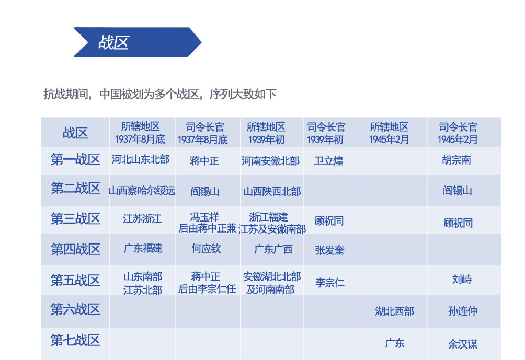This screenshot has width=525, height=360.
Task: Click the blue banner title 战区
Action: (x=113, y=42)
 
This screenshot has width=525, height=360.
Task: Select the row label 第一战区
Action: (x=75, y=159)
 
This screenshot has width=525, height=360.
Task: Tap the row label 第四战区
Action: (x=75, y=249)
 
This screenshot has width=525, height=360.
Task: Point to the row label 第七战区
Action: (x=75, y=340)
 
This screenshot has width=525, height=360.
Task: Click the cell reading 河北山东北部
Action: (x=141, y=159)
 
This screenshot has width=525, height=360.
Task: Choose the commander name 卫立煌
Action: (x=328, y=161)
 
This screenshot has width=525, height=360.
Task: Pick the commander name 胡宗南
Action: (x=456, y=160)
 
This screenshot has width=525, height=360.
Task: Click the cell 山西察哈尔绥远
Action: (x=142, y=191)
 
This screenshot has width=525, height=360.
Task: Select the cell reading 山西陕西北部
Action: (x=272, y=191)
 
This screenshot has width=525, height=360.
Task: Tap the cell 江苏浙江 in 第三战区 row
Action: (x=142, y=219)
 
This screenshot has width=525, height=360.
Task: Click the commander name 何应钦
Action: (x=206, y=249)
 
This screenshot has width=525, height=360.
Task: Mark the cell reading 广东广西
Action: (x=273, y=249)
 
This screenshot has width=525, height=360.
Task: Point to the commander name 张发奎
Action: (x=329, y=250)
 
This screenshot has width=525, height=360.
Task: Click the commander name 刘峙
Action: (x=462, y=279)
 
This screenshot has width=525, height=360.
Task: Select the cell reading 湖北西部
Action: (x=394, y=311)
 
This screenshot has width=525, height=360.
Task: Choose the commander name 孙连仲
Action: (x=463, y=311)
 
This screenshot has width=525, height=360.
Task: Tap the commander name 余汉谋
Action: (x=463, y=344)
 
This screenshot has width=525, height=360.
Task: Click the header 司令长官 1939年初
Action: (x=326, y=133)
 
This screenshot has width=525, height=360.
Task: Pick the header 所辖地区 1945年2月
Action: (x=389, y=133)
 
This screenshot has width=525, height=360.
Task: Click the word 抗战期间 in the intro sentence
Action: (x=66, y=94)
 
